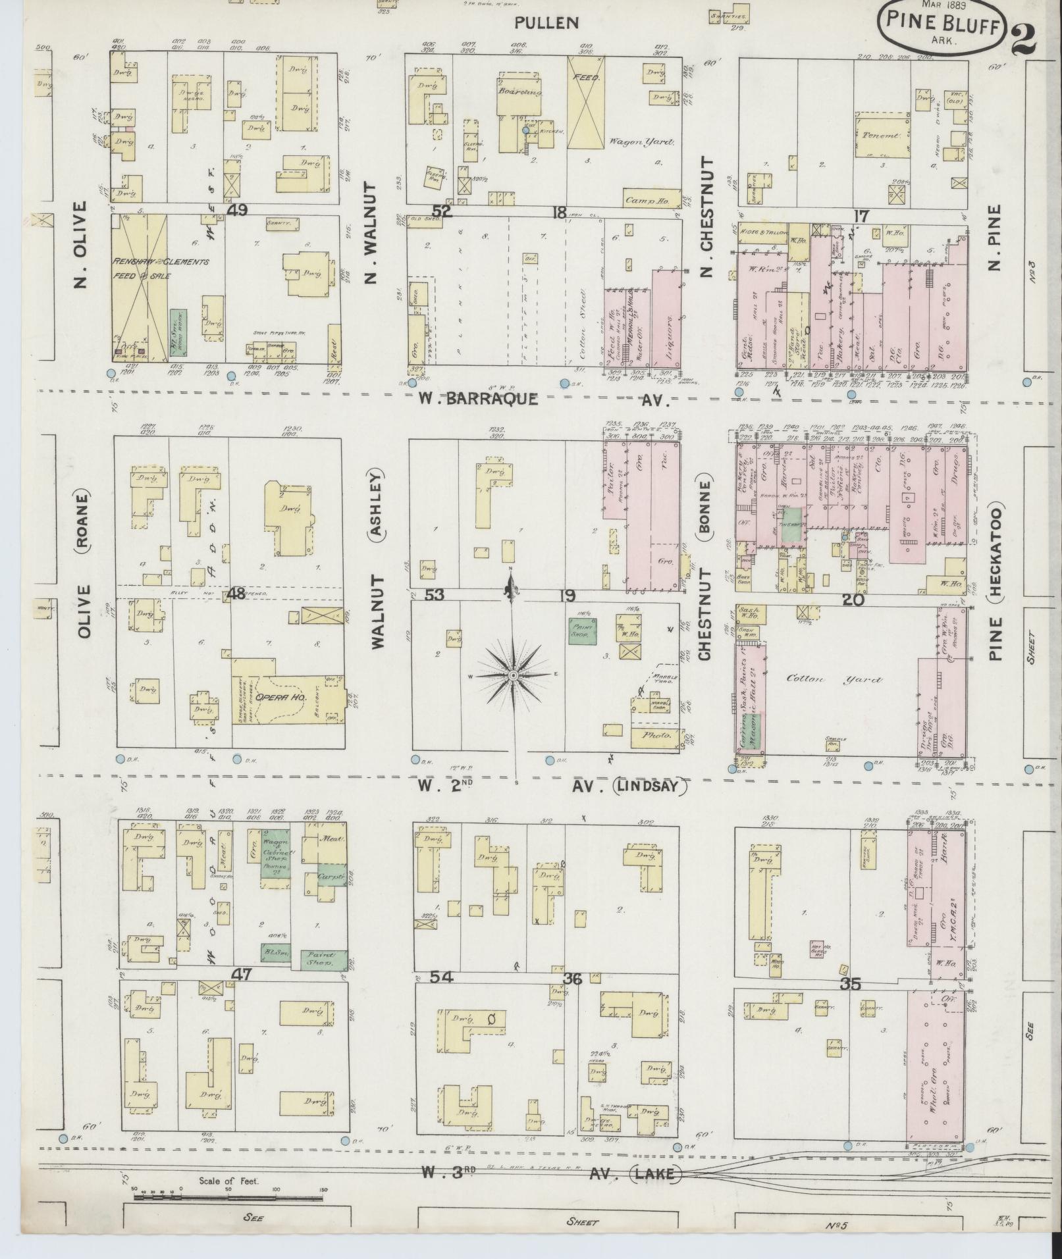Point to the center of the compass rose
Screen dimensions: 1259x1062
(x=514, y=675)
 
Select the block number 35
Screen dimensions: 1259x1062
(x=851, y=985)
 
